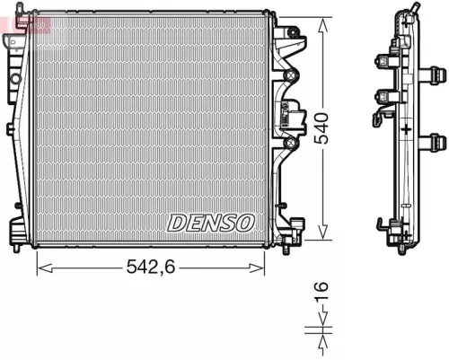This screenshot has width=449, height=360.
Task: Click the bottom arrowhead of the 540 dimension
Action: [321, 241]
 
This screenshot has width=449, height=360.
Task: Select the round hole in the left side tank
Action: [15, 79]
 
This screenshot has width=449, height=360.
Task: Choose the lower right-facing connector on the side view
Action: [437, 139]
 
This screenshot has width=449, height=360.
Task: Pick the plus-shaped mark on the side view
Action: [408, 131]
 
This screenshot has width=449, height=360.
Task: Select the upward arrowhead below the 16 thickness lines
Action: [321, 338]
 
